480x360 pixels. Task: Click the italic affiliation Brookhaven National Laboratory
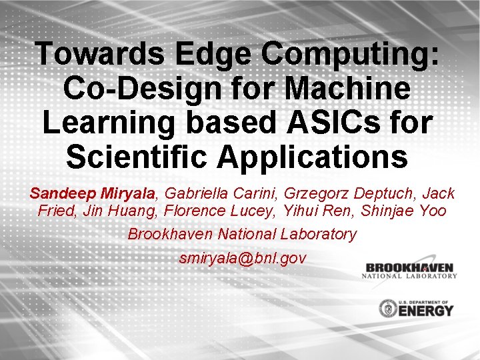[241, 235]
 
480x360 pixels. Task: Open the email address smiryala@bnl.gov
[243, 258]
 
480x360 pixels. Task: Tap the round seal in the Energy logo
[387, 308]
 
